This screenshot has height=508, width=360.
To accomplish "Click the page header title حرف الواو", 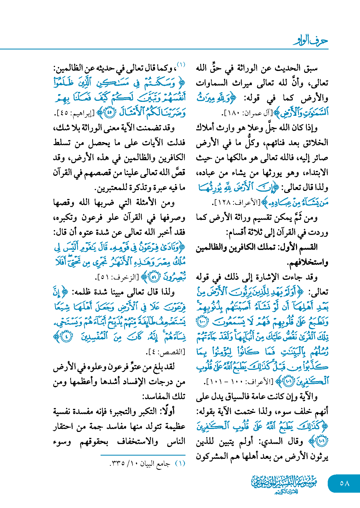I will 310,41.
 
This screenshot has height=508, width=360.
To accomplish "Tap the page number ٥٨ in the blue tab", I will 344,483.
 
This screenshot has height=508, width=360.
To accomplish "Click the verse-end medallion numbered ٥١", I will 154,277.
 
